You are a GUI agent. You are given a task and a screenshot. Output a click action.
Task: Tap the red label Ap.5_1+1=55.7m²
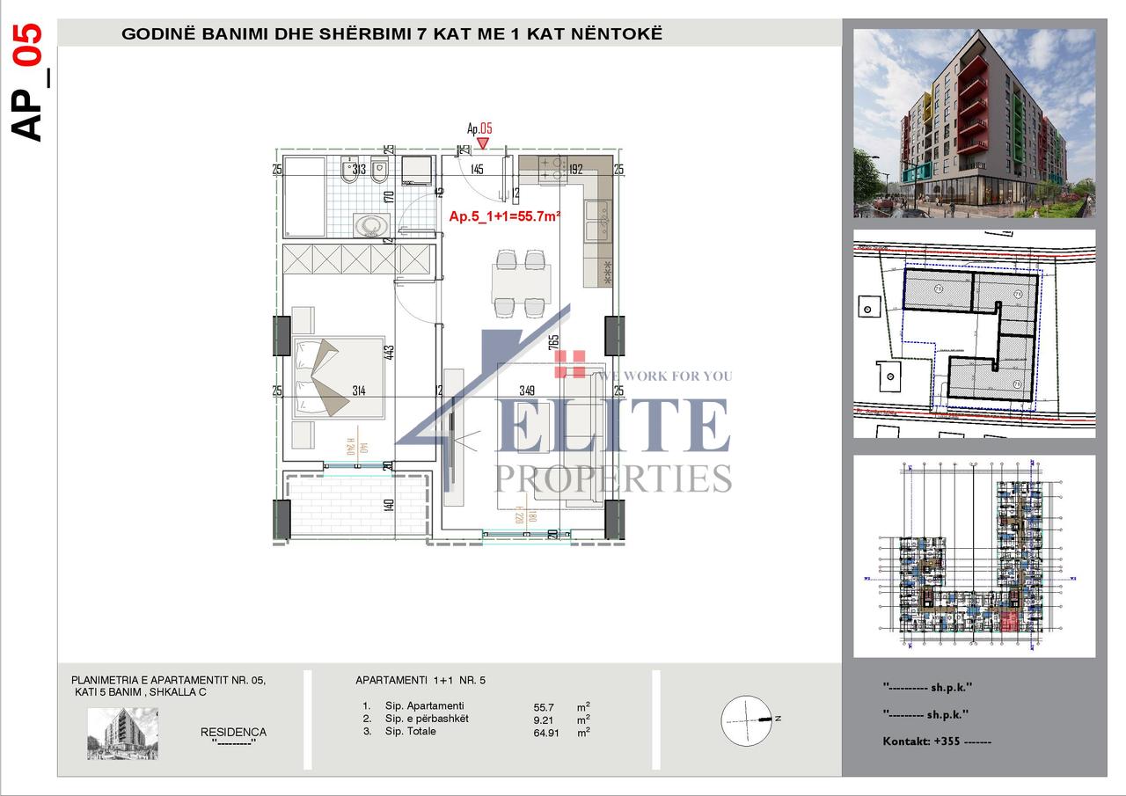point(505,215)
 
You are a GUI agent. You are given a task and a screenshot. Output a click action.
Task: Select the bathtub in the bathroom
point(304,197)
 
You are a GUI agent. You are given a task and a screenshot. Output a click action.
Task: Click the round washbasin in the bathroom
point(373,225)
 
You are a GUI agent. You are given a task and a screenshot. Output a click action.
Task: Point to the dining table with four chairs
point(521,282)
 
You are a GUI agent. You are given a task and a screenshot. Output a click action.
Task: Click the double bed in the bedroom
point(339,375)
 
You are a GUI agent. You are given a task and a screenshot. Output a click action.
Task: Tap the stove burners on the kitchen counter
point(552,169)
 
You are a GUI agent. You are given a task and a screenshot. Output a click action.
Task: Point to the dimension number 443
point(389,353)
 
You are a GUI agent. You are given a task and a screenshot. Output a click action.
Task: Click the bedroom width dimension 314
point(359,391)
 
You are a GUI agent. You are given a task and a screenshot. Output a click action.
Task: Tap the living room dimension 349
point(528,391)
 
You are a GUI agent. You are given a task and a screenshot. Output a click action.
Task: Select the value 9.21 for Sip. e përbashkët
point(545,719)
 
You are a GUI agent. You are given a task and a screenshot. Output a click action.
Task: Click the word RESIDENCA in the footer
point(233,732)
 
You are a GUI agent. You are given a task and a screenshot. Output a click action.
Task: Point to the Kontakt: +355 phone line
point(937,741)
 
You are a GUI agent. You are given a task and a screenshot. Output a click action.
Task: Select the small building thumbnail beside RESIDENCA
point(122,734)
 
